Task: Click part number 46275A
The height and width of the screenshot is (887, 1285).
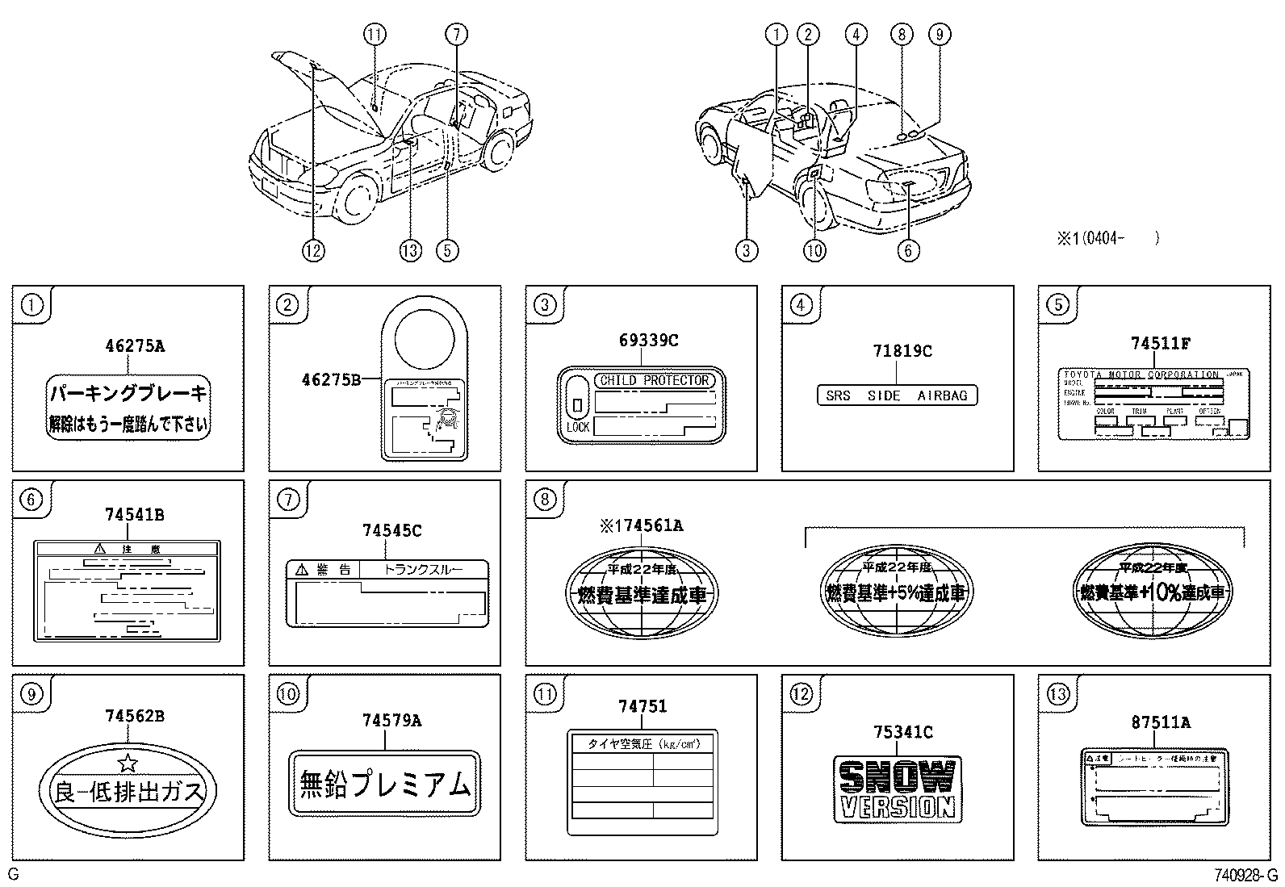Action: pyautogui.click(x=134, y=346)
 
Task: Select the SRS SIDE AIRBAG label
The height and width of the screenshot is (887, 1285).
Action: pyautogui.click(x=896, y=395)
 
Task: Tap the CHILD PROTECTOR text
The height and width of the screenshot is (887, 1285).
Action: pyautogui.click(x=654, y=380)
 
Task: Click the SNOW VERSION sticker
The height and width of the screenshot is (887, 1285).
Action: pyautogui.click(x=897, y=789)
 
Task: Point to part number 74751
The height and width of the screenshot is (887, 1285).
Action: pyautogui.click(x=642, y=706)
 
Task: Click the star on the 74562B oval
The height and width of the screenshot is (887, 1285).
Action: pyautogui.click(x=128, y=763)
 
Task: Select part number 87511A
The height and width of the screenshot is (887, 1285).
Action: pyautogui.click(x=1160, y=723)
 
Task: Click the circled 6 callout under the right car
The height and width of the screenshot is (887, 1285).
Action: pyautogui.click(x=907, y=250)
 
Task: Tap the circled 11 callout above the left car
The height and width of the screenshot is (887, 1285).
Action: pyautogui.click(x=374, y=34)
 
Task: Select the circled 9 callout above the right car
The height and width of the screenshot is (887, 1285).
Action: pyautogui.click(x=938, y=34)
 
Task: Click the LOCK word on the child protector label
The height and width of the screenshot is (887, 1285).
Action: pyautogui.click(x=577, y=427)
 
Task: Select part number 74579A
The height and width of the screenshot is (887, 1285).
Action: pyautogui.click(x=391, y=722)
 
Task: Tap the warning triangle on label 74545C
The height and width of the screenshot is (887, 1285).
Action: pyautogui.click(x=302, y=570)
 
